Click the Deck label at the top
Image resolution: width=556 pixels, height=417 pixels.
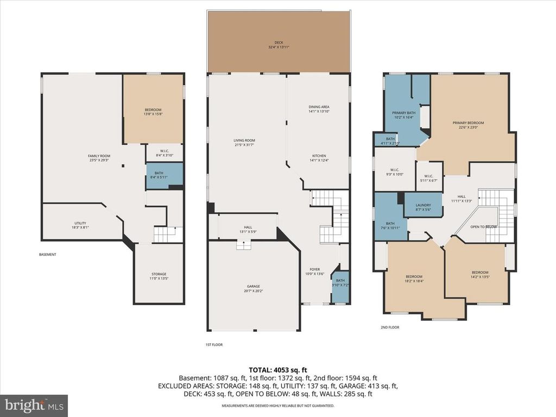[279, 45]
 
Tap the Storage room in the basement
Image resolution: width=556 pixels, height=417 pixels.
[159, 276]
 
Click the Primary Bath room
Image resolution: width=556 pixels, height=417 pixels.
[403, 114]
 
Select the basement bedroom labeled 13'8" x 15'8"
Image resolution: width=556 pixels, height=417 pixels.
[153, 111]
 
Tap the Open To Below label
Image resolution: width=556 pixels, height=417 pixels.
[483, 226]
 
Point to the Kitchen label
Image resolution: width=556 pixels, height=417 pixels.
[319, 157]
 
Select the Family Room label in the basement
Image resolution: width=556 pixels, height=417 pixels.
[99, 158]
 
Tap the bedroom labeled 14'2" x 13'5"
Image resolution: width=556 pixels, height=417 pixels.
[479, 275]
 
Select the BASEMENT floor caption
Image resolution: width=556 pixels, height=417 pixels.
[47, 255]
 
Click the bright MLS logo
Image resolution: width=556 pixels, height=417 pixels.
[34, 405]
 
